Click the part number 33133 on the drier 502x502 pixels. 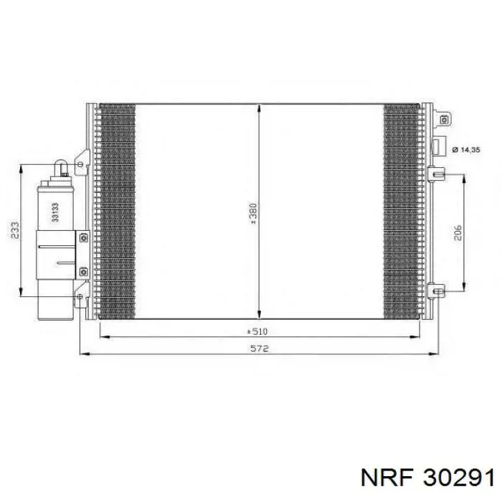[55, 209]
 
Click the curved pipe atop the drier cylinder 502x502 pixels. [64, 170]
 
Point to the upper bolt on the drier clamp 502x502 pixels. [83, 237]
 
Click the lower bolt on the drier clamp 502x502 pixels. [83, 270]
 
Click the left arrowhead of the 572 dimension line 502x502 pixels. [82, 354]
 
